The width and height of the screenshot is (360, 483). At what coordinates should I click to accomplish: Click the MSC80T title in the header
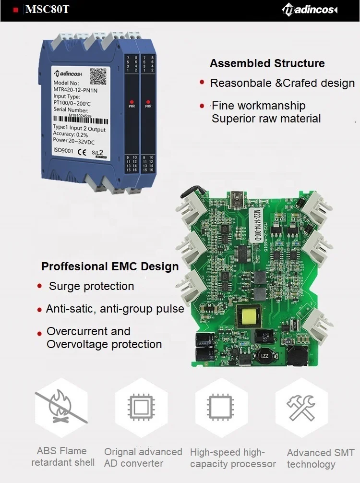click(47, 10)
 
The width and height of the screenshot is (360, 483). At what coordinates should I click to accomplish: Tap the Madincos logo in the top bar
click(310, 9)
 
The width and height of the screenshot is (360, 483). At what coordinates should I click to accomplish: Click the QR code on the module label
click(99, 76)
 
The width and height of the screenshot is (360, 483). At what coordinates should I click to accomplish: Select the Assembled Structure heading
click(267, 63)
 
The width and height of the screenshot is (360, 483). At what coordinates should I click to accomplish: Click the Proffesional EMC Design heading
click(110, 266)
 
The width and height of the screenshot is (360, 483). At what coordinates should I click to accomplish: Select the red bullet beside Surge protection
click(40, 286)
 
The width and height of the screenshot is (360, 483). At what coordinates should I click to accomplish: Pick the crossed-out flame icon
click(61, 408)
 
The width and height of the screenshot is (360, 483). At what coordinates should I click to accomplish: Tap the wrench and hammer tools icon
click(300, 408)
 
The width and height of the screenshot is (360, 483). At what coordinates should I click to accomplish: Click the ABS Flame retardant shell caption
click(62, 457)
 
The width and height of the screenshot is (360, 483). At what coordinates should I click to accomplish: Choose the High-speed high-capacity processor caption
click(233, 458)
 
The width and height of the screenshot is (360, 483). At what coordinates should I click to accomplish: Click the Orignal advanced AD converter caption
click(143, 458)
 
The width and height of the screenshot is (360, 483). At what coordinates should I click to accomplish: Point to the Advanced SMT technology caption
click(320, 459)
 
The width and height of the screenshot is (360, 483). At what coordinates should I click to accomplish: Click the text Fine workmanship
click(258, 106)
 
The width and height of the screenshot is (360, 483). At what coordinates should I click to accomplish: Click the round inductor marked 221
click(264, 355)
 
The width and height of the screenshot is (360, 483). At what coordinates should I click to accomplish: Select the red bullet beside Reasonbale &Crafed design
click(202, 83)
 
